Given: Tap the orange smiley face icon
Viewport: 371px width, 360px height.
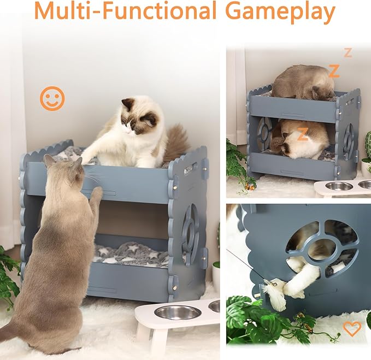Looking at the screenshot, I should (52, 99).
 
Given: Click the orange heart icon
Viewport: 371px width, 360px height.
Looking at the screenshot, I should (352, 328).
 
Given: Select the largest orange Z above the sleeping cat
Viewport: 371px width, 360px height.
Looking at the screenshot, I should (334, 70).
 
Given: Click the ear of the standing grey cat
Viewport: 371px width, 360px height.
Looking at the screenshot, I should (50, 160).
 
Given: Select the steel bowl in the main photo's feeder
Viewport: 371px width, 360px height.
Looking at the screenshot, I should (177, 312).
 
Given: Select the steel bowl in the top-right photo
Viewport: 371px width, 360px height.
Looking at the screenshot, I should (339, 186).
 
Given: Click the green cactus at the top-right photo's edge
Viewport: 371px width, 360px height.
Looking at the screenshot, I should (368, 144).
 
